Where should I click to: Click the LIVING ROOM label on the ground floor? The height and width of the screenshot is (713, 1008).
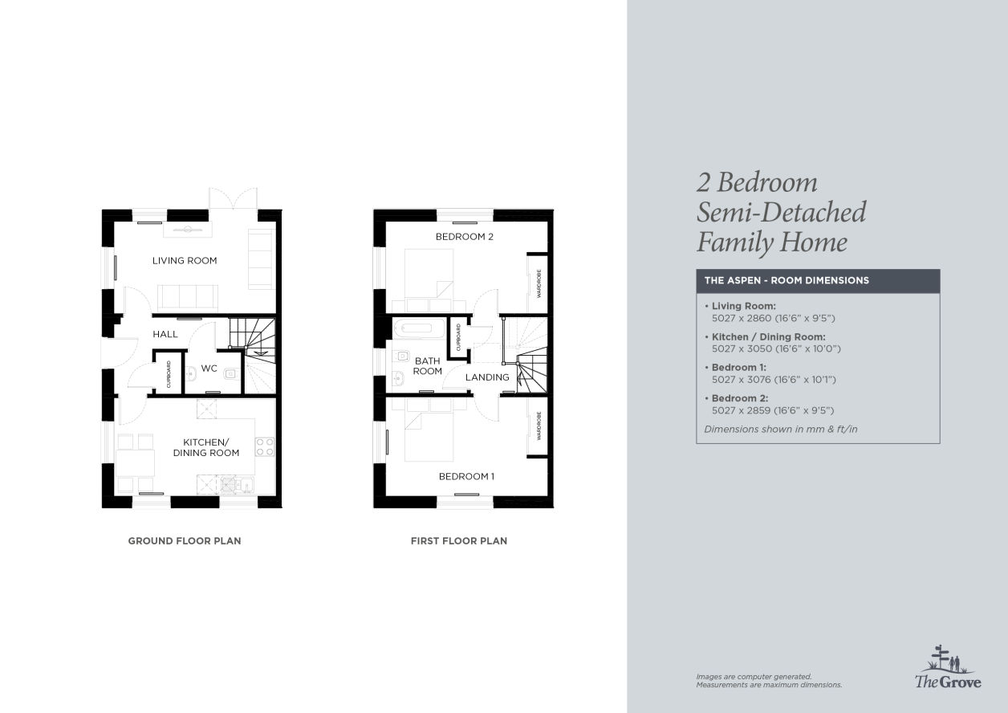click(x=185, y=261)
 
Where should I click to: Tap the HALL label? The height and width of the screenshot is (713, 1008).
click(x=165, y=334)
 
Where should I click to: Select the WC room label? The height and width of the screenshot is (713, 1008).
click(x=209, y=369)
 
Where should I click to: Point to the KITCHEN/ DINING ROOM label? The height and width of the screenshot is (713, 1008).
click(x=206, y=447)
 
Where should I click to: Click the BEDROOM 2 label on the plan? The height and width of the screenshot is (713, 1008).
click(x=465, y=236)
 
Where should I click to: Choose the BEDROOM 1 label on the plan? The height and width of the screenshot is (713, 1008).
click(x=466, y=476)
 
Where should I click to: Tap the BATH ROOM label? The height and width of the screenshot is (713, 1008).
click(x=428, y=366)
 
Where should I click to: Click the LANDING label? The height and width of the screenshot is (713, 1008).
click(x=487, y=377)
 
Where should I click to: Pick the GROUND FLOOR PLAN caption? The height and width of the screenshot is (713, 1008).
click(x=185, y=540)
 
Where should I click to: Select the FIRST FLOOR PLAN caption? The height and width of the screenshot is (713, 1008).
click(x=459, y=540)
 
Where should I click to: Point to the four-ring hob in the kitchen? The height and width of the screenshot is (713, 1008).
click(x=265, y=446)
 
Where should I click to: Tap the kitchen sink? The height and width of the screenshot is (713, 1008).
click(x=237, y=484)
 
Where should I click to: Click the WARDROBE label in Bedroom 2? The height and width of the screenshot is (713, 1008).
click(x=539, y=283)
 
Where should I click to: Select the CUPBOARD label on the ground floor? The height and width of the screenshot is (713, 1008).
click(x=169, y=374)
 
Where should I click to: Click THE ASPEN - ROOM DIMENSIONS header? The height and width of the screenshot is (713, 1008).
click(x=786, y=280)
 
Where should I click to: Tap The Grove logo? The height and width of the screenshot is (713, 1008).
click(x=948, y=667)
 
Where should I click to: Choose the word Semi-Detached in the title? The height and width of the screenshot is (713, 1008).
click(x=781, y=212)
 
